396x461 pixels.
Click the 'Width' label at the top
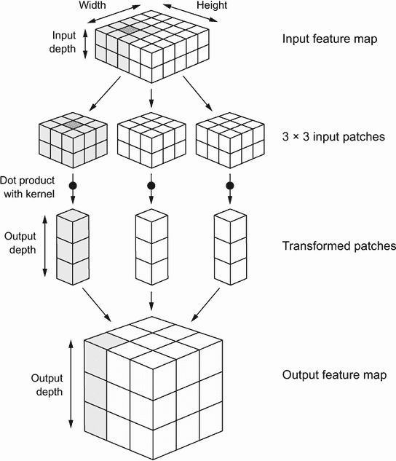(92, 5)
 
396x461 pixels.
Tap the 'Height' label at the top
(212, 5)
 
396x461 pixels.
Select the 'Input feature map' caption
(330, 39)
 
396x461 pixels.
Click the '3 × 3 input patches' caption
(333, 137)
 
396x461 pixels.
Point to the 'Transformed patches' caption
(339, 245)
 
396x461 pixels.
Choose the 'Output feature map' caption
(334, 375)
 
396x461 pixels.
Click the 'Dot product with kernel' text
(28, 187)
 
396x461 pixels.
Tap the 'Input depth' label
(63, 42)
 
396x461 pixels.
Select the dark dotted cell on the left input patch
(73, 124)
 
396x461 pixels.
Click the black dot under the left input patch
(73, 186)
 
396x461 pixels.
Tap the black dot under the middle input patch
(151, 186)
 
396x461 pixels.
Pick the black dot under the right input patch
(230, 186)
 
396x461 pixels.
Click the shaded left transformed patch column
(73, 247)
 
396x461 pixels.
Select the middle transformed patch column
(151, 247)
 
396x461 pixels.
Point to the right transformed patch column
(230, 247)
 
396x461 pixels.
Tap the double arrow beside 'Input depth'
(85, 44)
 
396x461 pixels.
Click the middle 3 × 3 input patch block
(151, 140)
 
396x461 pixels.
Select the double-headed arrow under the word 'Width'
(114, 14)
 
